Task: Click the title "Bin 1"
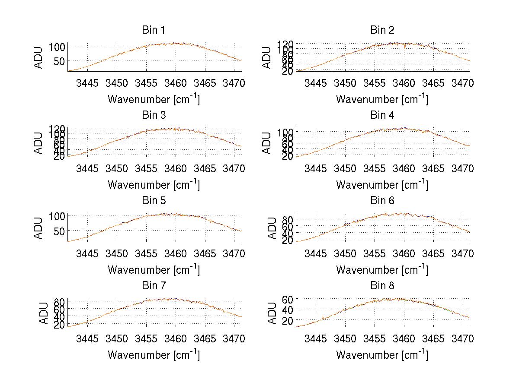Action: click(154, 30)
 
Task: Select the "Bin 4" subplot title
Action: click(382, 115)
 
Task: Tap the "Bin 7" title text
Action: click(154, 286)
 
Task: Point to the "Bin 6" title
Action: click(382, 201)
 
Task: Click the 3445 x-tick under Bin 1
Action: click(87, 83)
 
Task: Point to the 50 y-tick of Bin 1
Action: click(58, 61)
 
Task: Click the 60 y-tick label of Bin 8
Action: click(288, 299)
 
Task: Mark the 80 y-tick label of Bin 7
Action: click(58, 301)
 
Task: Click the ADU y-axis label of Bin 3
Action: click(38, 143)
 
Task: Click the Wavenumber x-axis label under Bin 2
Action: click(382, 99)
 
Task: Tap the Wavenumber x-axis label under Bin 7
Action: click(154, 355)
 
